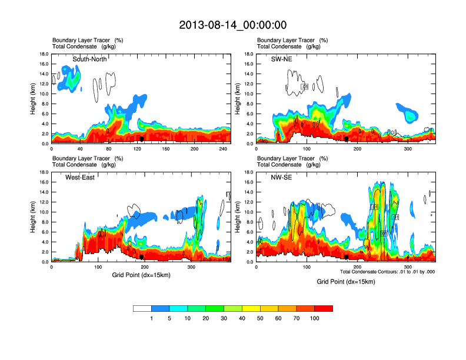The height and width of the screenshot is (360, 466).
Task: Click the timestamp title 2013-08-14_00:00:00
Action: coord(232,25)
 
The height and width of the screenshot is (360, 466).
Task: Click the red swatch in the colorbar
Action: coord(324,308)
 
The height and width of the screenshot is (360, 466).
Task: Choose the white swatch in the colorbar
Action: coord(142,308)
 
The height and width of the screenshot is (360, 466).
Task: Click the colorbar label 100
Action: coord(314,318)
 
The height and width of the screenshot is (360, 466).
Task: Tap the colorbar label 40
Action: coord(242,318)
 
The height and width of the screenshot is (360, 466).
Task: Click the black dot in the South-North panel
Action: coord(142,139)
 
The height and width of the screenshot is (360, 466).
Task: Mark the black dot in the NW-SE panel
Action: coord(347,257)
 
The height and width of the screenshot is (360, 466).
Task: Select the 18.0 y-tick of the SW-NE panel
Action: coord(248,54)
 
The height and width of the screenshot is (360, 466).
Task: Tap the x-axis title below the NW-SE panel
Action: coord(345,282)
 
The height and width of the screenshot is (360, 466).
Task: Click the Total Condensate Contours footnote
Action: coord(387,271)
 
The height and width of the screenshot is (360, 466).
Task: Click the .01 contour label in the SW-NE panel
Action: coord(305,86)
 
